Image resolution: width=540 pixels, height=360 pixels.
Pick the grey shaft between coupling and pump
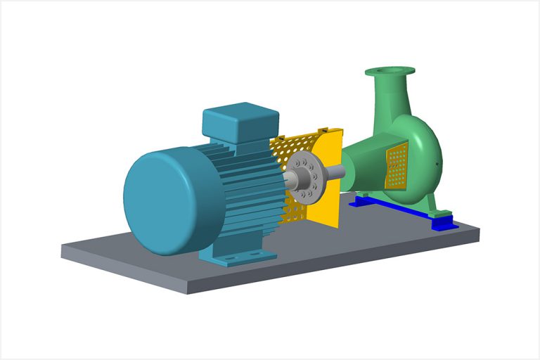(x=335, y=171)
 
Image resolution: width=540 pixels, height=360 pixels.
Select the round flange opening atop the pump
(x=390, y=71)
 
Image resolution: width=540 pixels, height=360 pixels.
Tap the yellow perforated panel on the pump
(x=397, y=166)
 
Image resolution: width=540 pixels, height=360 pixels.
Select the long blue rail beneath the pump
(x=394, y=208)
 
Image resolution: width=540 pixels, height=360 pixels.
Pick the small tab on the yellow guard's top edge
(x=324, y=129)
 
